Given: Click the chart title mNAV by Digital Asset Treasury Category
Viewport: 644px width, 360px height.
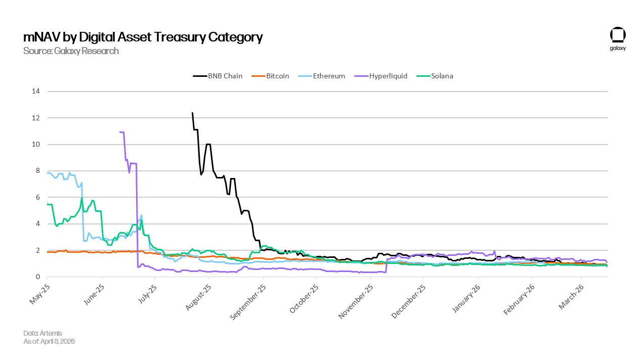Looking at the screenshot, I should point(143,37).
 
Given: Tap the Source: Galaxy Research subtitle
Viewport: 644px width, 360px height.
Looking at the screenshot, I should point(71,51).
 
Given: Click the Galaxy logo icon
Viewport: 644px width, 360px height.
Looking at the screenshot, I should point(618,35).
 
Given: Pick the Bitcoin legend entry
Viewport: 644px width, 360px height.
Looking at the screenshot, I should point(270,76).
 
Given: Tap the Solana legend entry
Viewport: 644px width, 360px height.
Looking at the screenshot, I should point(435,76).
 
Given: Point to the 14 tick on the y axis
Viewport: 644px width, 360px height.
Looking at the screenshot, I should point(36,92).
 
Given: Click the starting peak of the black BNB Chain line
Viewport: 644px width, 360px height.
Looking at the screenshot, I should point(192,113).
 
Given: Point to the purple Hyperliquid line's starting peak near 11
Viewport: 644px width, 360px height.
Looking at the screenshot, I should point(121,132).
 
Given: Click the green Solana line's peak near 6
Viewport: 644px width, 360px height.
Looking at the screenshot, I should point(82,198).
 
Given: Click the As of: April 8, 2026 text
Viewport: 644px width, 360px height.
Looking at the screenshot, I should point(49,341).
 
